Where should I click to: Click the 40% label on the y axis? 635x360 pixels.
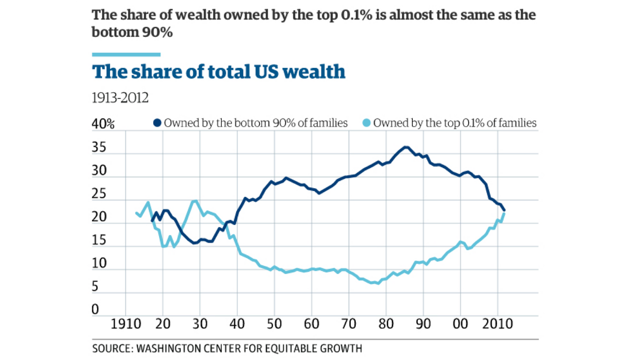[103, 124]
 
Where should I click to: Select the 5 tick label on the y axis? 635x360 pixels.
[96, 287]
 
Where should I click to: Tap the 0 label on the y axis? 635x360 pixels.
[96, 310]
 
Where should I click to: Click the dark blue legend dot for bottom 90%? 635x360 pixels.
[158, 123]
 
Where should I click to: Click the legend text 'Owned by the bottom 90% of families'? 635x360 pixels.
[255, 123]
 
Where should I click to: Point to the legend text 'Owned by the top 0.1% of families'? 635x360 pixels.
[455, 123]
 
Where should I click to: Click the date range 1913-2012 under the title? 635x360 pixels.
[121, 98]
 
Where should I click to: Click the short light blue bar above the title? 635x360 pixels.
[127, 54]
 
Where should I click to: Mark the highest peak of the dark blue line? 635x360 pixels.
[406, 147]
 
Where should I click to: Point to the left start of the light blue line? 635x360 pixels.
[136, 213]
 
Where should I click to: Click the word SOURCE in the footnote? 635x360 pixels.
[110, 349]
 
